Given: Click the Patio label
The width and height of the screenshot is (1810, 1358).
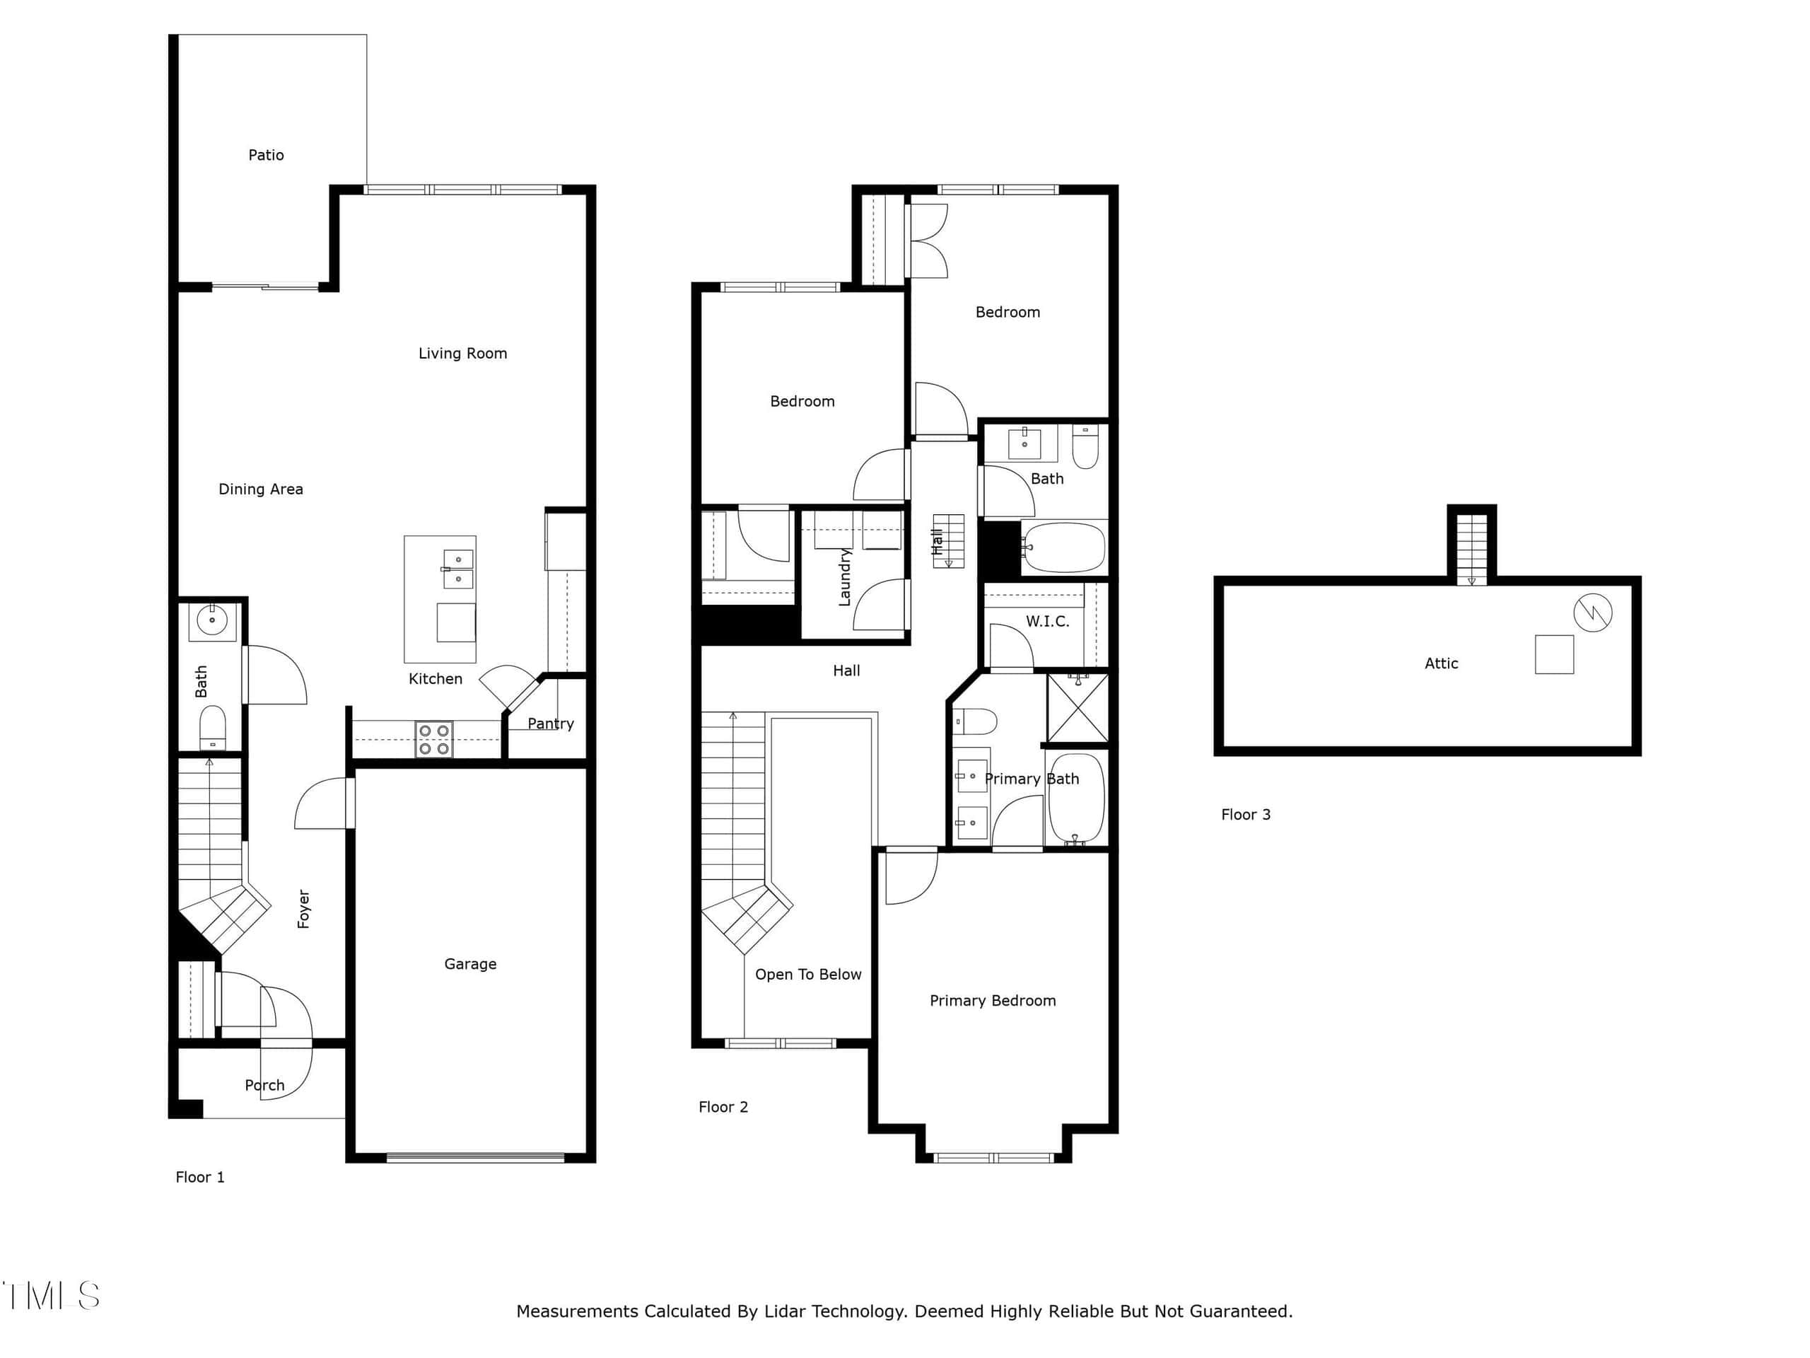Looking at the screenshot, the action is point(266,155).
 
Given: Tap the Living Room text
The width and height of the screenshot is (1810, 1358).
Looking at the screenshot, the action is point(462,354).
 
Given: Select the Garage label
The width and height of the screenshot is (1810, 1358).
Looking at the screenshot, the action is point(470,964).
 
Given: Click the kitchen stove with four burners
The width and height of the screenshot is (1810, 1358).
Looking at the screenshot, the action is point(433,739).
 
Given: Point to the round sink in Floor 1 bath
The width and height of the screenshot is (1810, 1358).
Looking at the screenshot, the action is point(212,620).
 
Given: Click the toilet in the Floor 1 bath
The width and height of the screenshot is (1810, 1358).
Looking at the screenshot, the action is point(213,727).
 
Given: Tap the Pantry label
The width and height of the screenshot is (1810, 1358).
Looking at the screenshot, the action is point(551,724).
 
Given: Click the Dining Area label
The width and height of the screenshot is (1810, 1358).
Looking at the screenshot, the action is point(260,489).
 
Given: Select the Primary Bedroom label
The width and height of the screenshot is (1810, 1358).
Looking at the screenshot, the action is point(993,1001).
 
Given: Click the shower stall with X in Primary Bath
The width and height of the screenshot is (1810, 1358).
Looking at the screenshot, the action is point(1078,708).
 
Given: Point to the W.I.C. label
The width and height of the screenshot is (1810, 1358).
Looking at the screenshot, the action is point(1047,621).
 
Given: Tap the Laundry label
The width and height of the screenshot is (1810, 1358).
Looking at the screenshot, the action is point(844,577).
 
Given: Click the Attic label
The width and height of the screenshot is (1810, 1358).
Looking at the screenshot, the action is point(1441,664).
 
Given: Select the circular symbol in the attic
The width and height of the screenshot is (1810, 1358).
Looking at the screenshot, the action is point(1592,613).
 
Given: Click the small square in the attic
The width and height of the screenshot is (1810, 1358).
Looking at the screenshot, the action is point(1554,654).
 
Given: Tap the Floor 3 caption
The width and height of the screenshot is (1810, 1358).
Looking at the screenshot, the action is point(1245,815).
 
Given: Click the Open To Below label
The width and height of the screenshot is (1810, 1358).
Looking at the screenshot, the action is point(807,975).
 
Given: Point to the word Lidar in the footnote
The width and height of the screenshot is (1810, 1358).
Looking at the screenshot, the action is point(786,1311).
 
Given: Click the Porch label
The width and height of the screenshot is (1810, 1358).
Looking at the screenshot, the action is point(264,1086).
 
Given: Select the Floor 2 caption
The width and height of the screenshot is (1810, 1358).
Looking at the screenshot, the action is point(723,1108).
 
